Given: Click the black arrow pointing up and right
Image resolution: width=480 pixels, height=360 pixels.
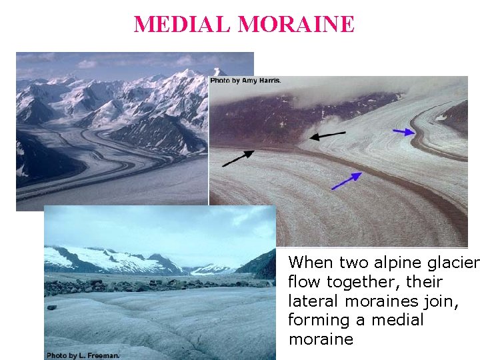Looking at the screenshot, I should [x=238, y=158].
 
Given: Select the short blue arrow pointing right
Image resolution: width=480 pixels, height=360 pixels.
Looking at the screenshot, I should [x=404, y=132].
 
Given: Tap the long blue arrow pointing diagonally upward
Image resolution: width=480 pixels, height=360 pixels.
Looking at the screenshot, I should [x=347, y=181].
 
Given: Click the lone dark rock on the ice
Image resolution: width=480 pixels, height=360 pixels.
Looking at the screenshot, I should [x=52, y=307].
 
